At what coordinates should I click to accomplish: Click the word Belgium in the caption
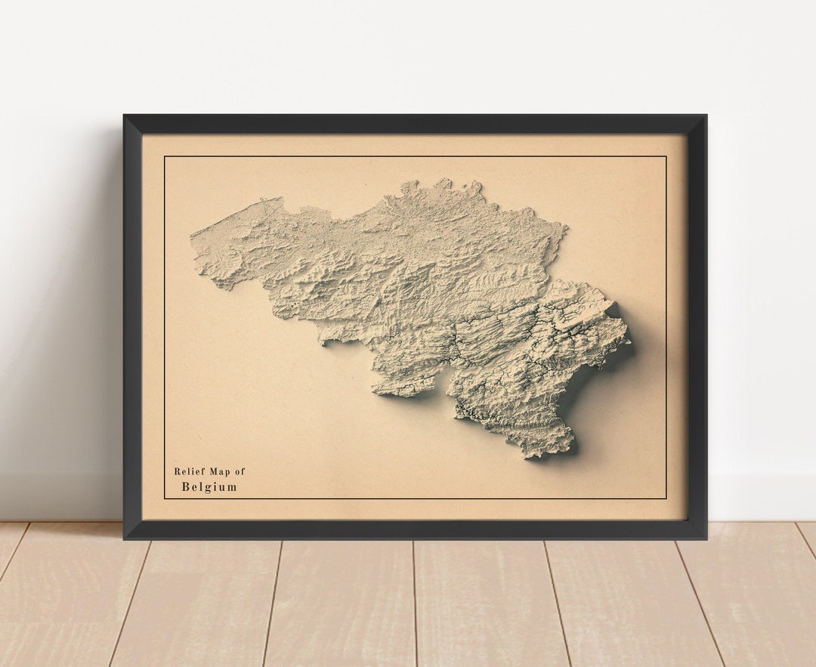point(209,487)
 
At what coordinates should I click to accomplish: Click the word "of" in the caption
point(240,471)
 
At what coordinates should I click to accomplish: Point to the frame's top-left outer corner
point(124,115)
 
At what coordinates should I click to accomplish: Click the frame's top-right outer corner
point(706,115)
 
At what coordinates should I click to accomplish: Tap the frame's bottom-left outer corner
point(124,539)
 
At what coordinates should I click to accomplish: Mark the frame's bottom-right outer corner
point(706,539)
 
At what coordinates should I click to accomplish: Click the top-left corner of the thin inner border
point(165,156)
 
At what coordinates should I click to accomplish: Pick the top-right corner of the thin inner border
point(666,156)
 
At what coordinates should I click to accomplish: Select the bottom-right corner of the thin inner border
point(666,499)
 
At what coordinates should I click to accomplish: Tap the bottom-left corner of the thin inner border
point(165,499)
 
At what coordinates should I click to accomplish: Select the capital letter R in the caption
point(178,471)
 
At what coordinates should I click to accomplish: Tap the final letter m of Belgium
point(232,487)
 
